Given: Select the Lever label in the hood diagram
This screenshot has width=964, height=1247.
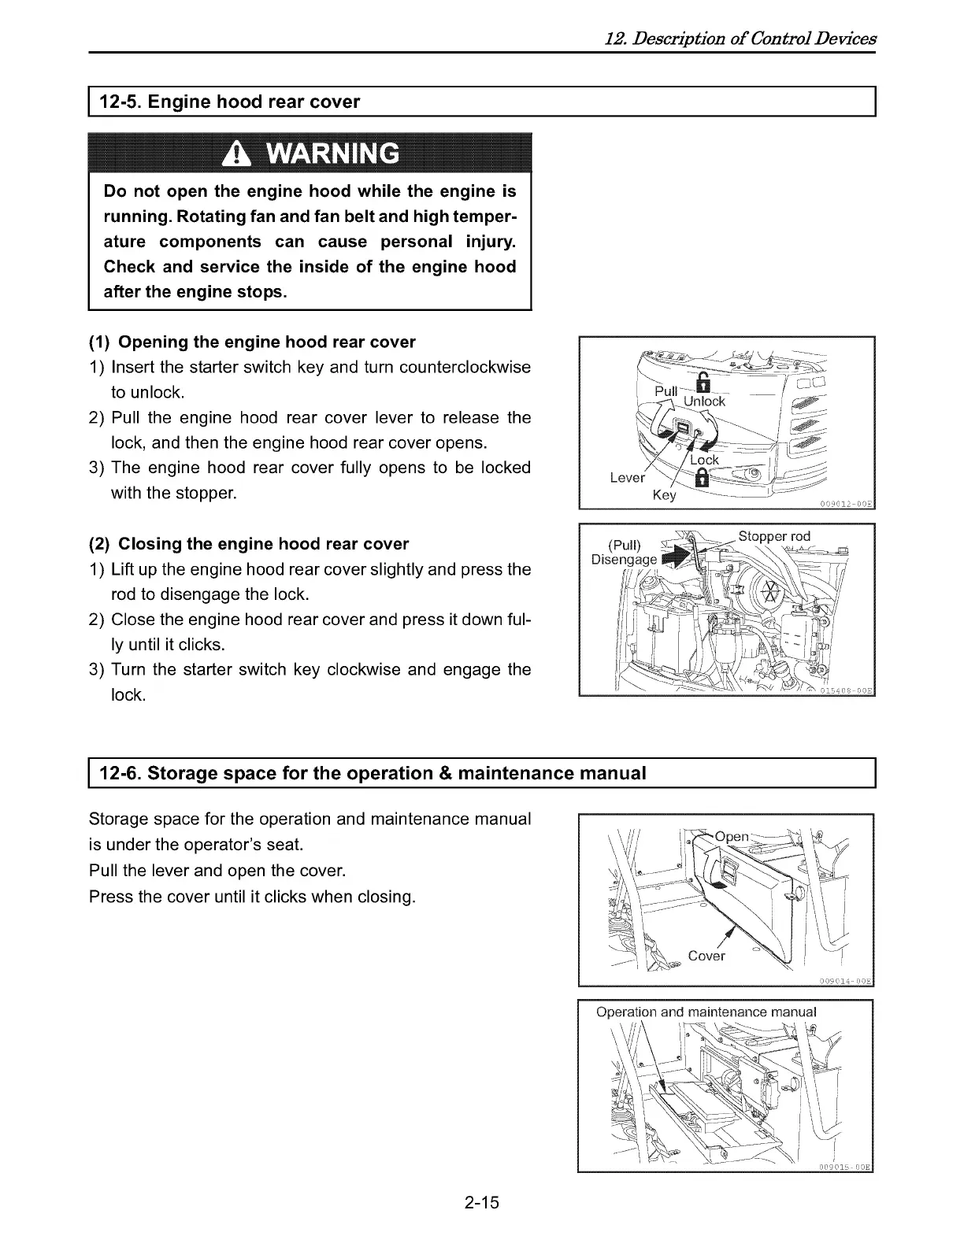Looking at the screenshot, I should pos(628,478).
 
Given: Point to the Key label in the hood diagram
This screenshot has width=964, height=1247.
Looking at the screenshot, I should pos(665,496).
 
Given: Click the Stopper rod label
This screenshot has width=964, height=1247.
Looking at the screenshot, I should pos(774,537).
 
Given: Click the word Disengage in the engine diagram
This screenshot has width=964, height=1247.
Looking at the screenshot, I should pos(624,560).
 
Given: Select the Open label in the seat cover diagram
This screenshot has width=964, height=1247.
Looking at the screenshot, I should pos(732,837).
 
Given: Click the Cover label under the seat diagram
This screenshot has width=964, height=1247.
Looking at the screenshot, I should pos(706,956).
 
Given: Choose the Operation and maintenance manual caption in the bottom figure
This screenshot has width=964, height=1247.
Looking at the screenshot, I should pos(706,1012).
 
